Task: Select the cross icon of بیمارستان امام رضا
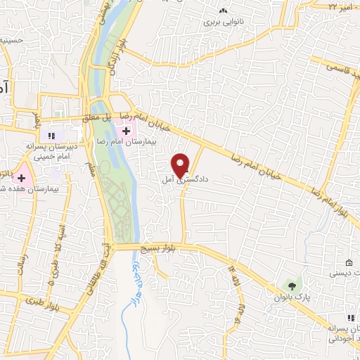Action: pos(127,131)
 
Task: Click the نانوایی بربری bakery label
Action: pos(222,22)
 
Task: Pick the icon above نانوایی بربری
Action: pos(223,11)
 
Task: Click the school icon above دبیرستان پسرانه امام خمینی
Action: pos(50,136)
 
